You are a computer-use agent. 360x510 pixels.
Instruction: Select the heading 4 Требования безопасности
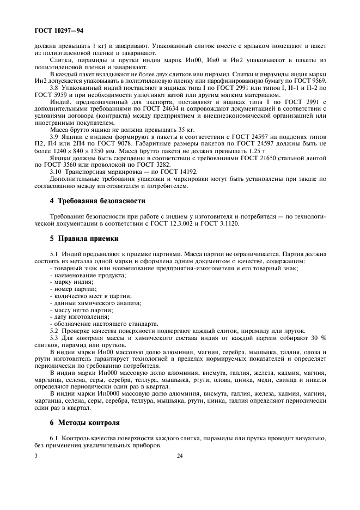(90, 201)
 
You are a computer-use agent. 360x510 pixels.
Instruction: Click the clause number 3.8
(54, 87)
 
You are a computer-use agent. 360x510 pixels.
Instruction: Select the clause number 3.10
(55, 172)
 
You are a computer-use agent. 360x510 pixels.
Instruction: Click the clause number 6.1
(54, 438)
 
